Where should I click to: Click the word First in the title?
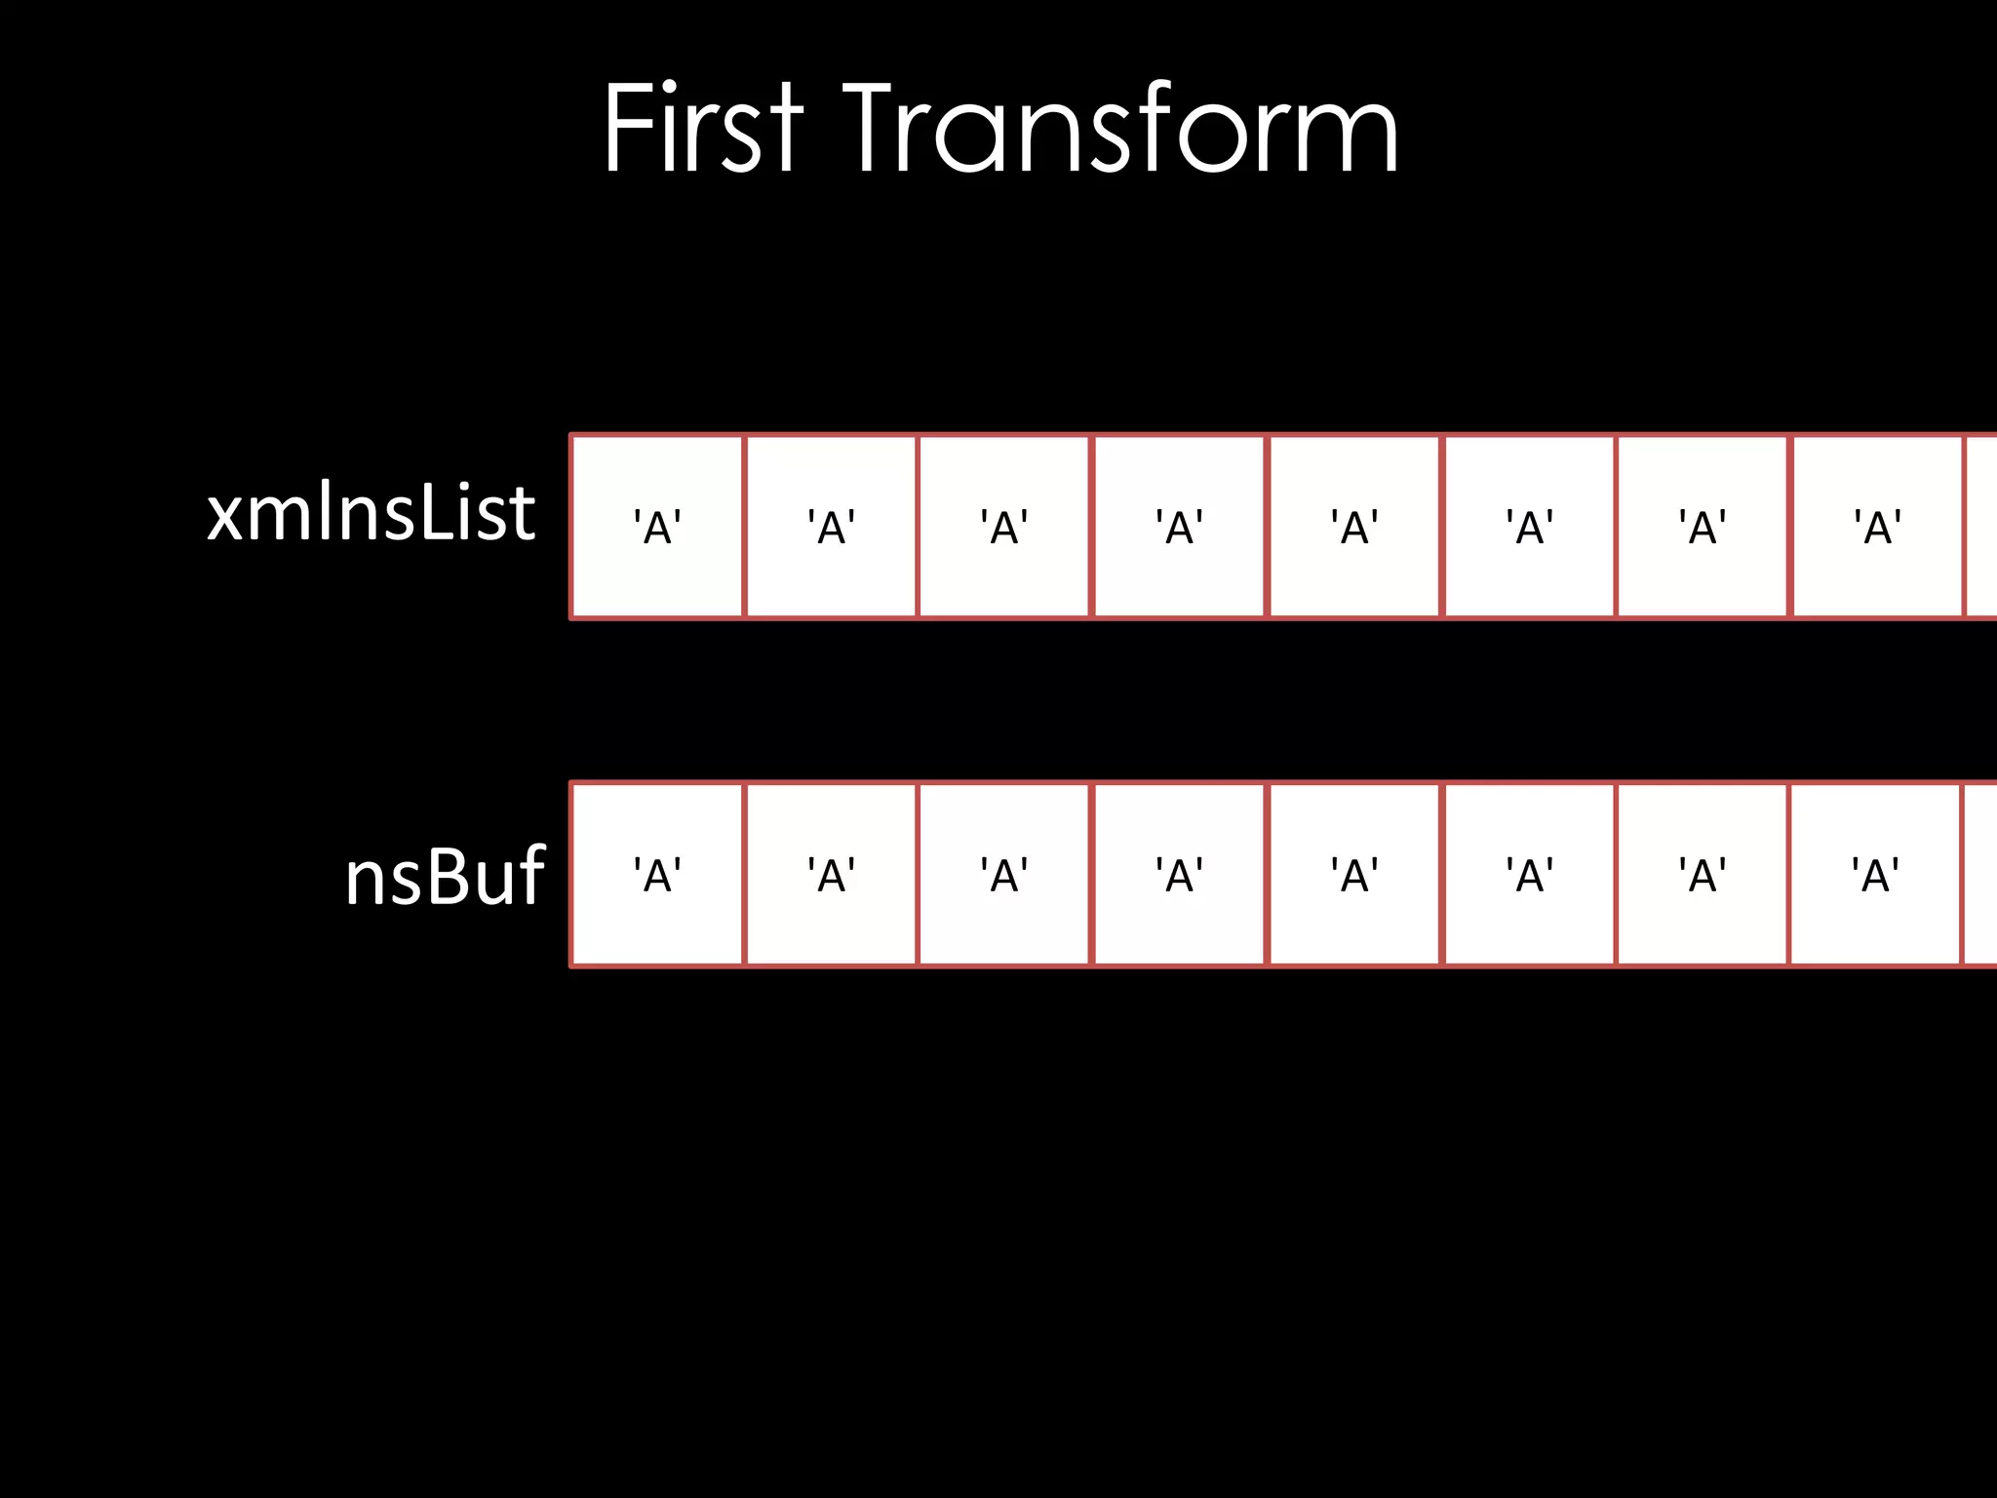(703, 129)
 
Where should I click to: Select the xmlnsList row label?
(371, 513)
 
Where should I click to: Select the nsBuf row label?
(445, 876)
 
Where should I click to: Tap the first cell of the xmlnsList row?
(657, 527)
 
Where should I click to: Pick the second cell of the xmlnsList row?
(831, 527)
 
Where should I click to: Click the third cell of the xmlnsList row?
(1004, 527)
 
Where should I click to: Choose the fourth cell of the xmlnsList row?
(1179, 527)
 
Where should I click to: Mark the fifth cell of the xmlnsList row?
(1354, 527)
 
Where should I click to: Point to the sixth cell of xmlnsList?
(1529, 527)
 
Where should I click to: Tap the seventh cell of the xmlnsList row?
(1703, 527)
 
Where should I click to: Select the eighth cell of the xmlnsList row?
(1877, 527)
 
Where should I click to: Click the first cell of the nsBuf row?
(657, 875)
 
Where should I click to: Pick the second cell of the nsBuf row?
(831, 875)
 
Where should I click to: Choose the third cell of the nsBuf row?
(1004, 875)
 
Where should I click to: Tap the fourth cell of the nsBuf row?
(1179, 875)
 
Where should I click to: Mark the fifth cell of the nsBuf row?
(1354, 875)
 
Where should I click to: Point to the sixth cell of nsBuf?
(1529, 875)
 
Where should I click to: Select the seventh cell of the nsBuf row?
(1703, 875)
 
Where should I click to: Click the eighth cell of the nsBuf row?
(1876, 875)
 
